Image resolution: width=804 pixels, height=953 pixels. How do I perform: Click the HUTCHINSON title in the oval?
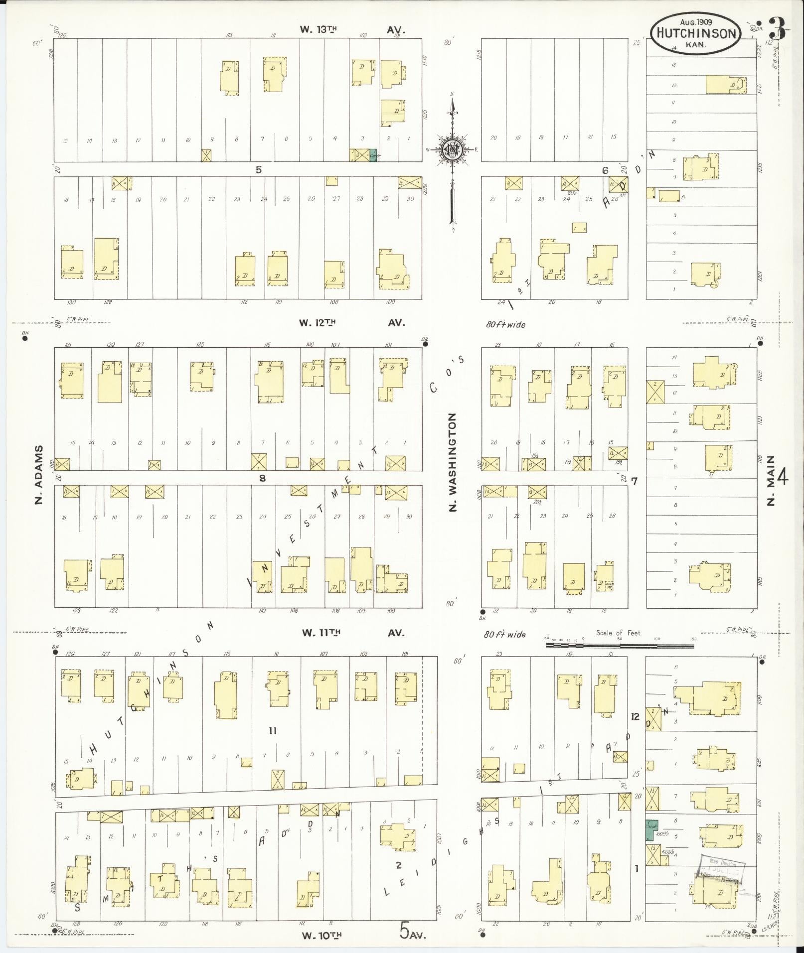[696, 33]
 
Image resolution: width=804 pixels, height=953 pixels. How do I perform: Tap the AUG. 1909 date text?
[696, 22]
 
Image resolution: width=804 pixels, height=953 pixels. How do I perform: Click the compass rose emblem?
[452, 148]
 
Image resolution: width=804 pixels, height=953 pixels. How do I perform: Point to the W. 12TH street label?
[317, 323]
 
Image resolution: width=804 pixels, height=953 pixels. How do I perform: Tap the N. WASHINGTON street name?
[453, 462]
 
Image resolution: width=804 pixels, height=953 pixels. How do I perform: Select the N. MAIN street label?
[771, 480]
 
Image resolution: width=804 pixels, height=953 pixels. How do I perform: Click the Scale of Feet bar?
[620, 646]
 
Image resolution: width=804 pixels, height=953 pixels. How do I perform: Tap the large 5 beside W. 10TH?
[405, 929]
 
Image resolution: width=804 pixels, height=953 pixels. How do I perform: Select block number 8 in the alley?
[263, 478]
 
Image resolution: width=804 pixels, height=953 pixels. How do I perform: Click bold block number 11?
[272, 731]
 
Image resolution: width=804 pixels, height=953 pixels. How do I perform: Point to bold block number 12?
[634, 717]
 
